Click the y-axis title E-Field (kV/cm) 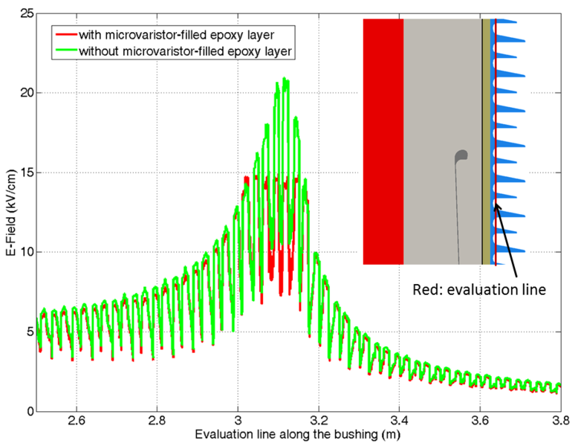(8, 212)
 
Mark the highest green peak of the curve (285, 78)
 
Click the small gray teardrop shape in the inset (461, 156)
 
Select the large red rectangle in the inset (383, 141)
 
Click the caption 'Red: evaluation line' (479, 291)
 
